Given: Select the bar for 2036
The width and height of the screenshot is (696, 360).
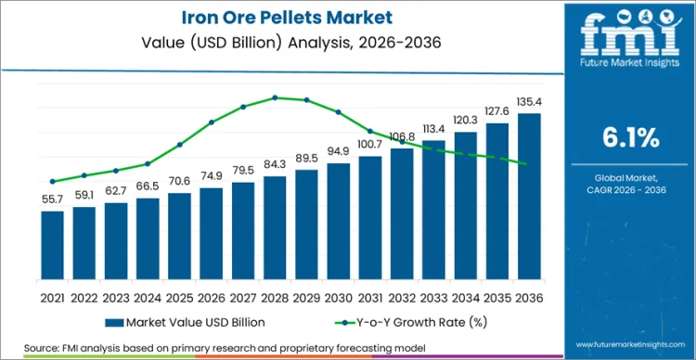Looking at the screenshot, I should pyautogui.click(x=529, y=196).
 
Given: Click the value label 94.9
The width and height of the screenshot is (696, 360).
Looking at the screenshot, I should pyautogui.click(x=338, y=151).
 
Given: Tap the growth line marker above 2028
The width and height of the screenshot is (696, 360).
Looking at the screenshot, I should pyautogui.click(x=275, y=97).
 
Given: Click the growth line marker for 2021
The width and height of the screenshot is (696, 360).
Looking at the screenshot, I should pyautogui.click(x=53, y=181).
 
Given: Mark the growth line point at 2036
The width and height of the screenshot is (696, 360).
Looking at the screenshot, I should pyautogui.click(x=529, y=164).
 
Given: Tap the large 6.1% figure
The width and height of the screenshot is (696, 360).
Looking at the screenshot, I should pyautogui.click(x=630, y=138).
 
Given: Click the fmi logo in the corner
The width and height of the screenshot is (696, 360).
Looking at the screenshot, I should pyautogui.click(x=631, y=32).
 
